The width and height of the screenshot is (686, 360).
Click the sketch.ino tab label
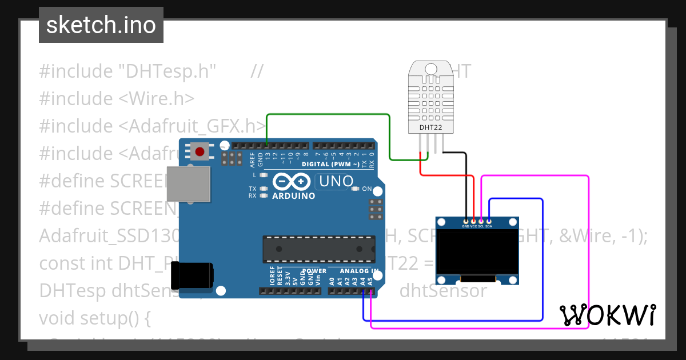101,25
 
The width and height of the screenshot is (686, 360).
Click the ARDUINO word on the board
293,196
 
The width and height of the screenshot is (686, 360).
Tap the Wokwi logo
608,315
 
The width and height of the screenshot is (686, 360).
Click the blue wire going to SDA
542,257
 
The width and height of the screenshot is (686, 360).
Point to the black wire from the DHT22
457,153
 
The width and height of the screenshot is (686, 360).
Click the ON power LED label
367,189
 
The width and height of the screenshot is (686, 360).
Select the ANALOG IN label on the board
359,271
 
